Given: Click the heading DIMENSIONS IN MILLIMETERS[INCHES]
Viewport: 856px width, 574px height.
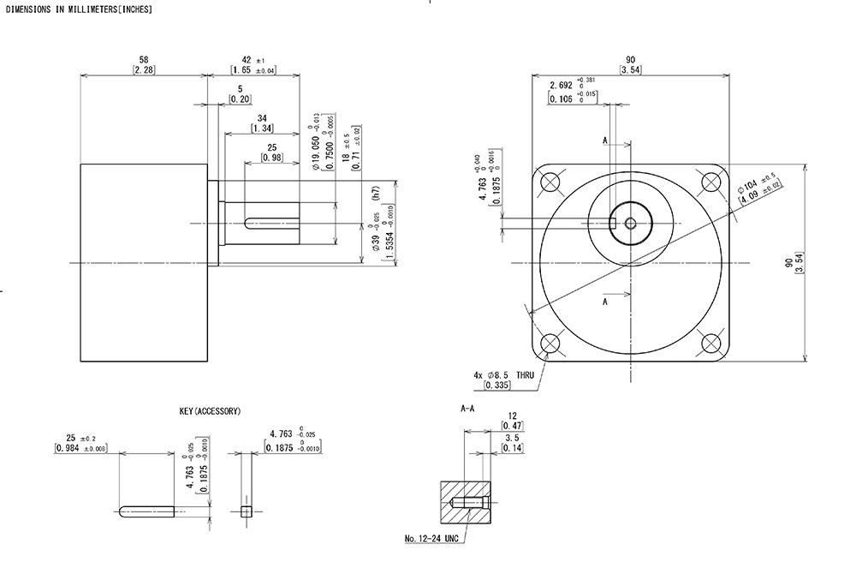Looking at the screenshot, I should [x=79, y=9].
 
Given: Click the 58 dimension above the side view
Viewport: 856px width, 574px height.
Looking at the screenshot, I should [x=143, y=59].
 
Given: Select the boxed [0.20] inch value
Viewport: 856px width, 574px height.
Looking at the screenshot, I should [x=241, y=99].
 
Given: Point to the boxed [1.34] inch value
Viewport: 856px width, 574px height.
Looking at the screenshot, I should [x=263, y=128].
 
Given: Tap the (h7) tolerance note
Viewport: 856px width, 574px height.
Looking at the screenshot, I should [x=375, y=194].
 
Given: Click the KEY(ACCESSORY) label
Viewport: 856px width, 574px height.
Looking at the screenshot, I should [x=210, y=411].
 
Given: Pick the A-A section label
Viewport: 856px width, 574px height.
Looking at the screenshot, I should [x=468, y=410].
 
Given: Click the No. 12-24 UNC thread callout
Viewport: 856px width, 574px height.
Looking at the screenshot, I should [x=433, y=540].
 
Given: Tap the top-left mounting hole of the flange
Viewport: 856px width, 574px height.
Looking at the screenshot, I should [x=550, y=182].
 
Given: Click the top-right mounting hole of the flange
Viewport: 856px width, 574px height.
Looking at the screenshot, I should [x=710, y=182].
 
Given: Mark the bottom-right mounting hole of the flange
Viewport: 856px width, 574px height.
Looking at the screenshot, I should [x=710, y=343].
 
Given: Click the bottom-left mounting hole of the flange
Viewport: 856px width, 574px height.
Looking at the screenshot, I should [x=550, y=343].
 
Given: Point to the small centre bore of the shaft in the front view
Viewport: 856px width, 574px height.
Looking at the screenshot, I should [x=631, y=224].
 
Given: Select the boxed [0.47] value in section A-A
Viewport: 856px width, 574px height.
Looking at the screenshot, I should [x=512, y=426].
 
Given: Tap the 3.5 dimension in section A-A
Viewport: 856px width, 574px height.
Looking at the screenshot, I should [x=512, y=437].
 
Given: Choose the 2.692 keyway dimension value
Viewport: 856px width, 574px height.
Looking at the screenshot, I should [x=561, y=86].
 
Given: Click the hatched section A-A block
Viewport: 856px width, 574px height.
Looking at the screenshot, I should [x=467, y=505].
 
